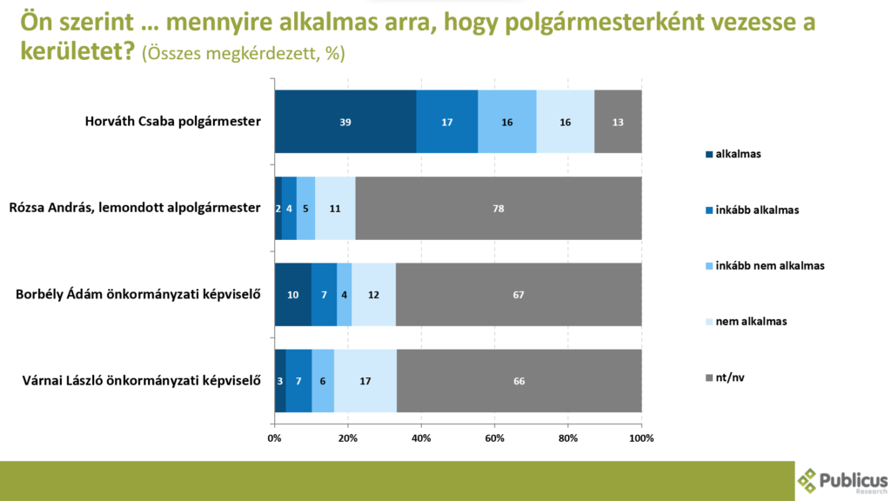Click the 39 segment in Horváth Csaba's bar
pyautogui.click(x=345, y=122)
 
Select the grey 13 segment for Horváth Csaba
pyautogui.click(x=618, y=122)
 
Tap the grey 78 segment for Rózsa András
pyautogui.click(x=499, y=208)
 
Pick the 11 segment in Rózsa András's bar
pyautogui.click(x=335, y=208)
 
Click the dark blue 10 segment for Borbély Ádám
pyautogui.click(x=293, y=294)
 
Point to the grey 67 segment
pyautogui.click(x=519, y=294)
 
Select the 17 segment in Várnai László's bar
pyautogui.click(x=365, y=380)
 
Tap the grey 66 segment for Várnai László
pyautogui.click(x=519, y=380)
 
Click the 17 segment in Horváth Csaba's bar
pyautogui.click(x=447, y=122)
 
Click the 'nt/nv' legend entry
pyautogui.click(x=729, y=377)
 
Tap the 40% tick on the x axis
pyautogui.click(x=421, y=438)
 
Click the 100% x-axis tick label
pyautogui.click(x=641, y=438)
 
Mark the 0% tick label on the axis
pyautogui.click(x=274, y=438)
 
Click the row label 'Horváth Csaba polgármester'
pyautogui.click(x=172, y=122)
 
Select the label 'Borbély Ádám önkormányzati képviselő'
pyautogui.click(x=139, y=294)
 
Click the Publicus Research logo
pyautogui.click(x=842, y=480)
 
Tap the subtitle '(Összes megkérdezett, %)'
pyautogui.click(x=243, y=54)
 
